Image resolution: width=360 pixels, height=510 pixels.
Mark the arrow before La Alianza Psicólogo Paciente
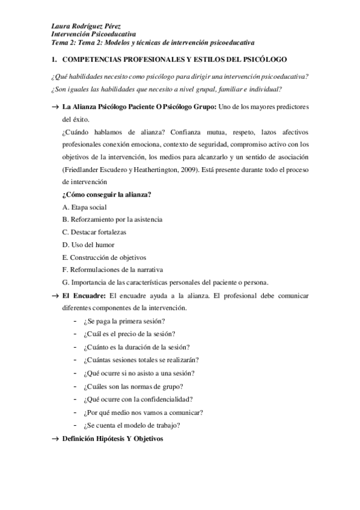coord(55,106)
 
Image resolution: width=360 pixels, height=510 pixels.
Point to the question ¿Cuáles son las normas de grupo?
coord(133,386)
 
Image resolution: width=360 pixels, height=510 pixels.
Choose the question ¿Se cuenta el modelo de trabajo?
coord(132,426)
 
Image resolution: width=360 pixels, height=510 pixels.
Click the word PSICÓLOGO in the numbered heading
coord(261,60)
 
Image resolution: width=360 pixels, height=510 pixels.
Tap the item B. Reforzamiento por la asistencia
coord(112,220)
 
